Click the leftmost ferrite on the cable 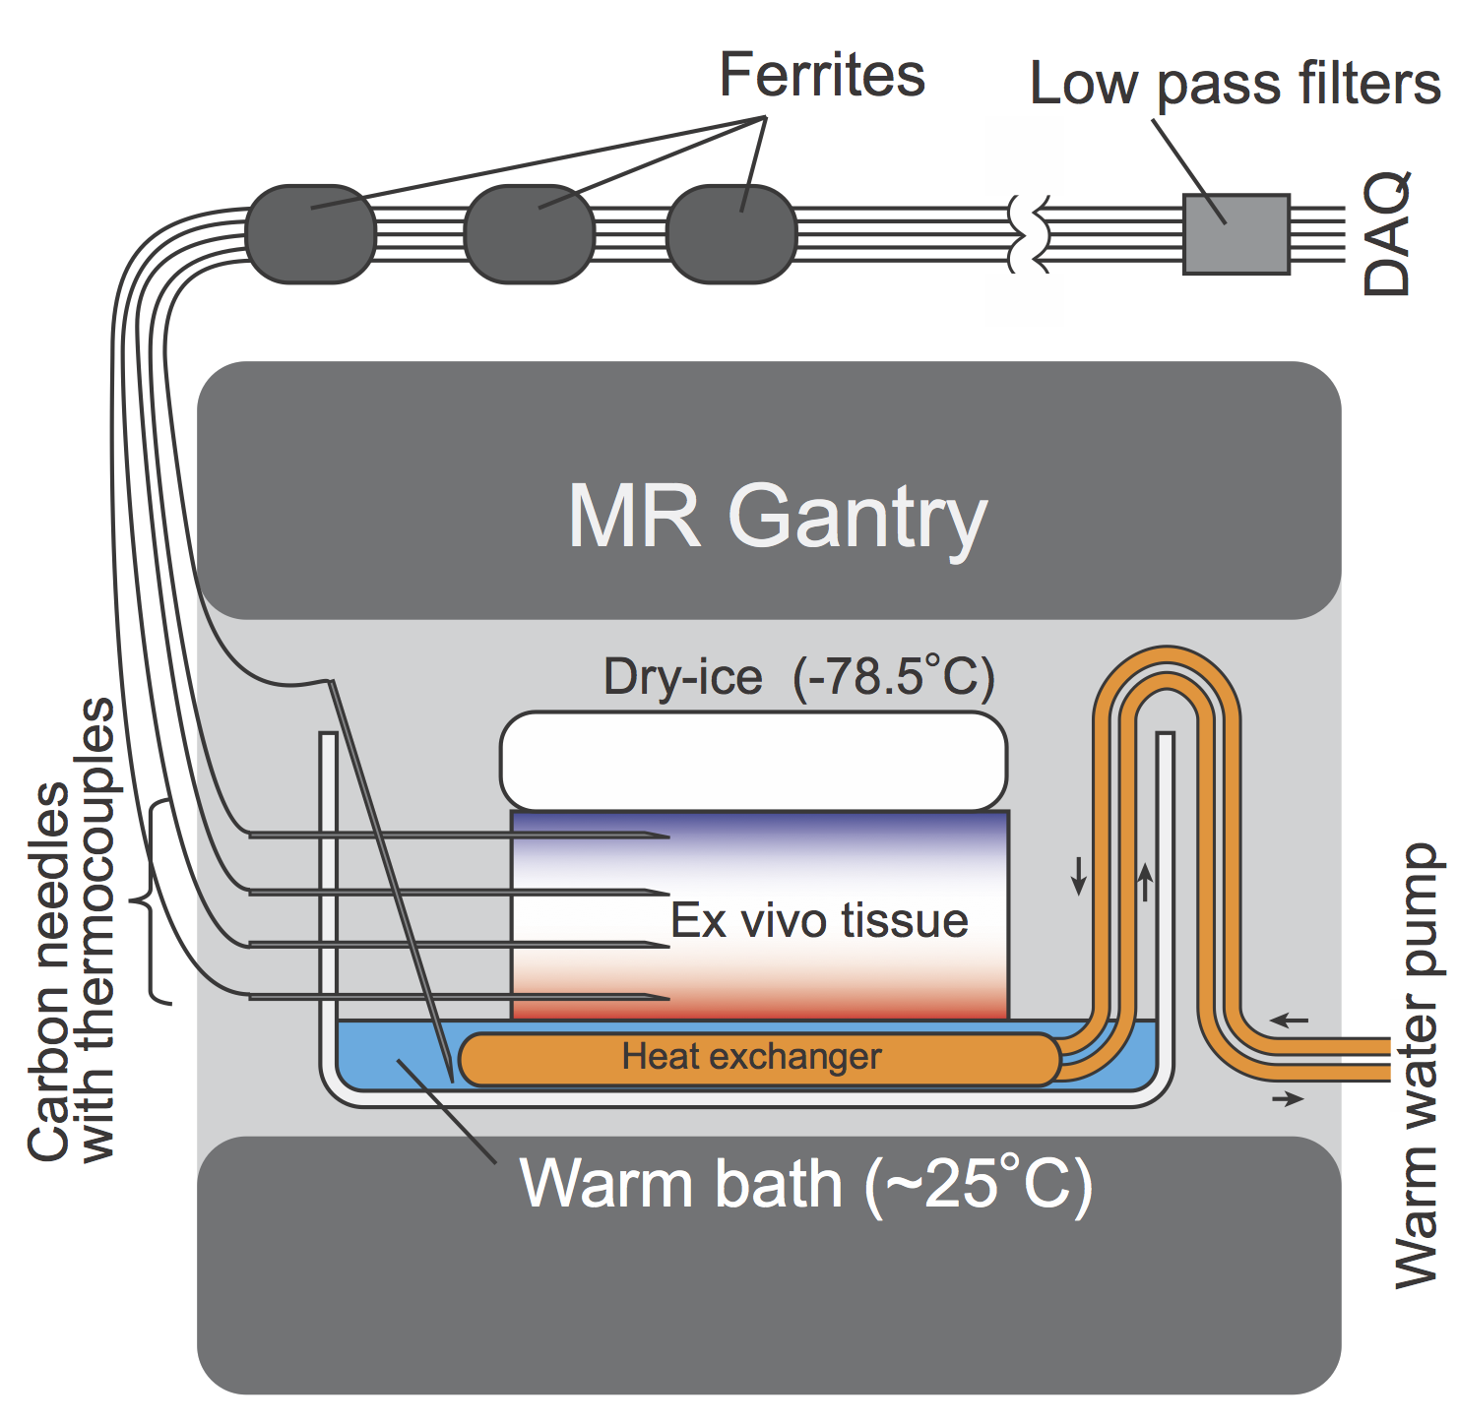click(310, 234)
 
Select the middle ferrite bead click(529, 234)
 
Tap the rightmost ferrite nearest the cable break click(731, 234)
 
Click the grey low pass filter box click(1236, 234)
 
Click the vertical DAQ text click(1387, 234)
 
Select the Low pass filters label click(1235, 84)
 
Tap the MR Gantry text click(777, 517)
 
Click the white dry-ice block click(753, 761)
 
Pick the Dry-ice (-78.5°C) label click(798, 677)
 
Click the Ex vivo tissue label click(819, 921)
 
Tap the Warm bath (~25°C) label click(805, 1184)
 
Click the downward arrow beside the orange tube click(1079, 875)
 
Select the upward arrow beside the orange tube click(1145, 882)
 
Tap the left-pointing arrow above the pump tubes click(1289, 1021)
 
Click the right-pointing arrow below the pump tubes click(1288, 1098)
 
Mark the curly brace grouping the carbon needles click(157, 901)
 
